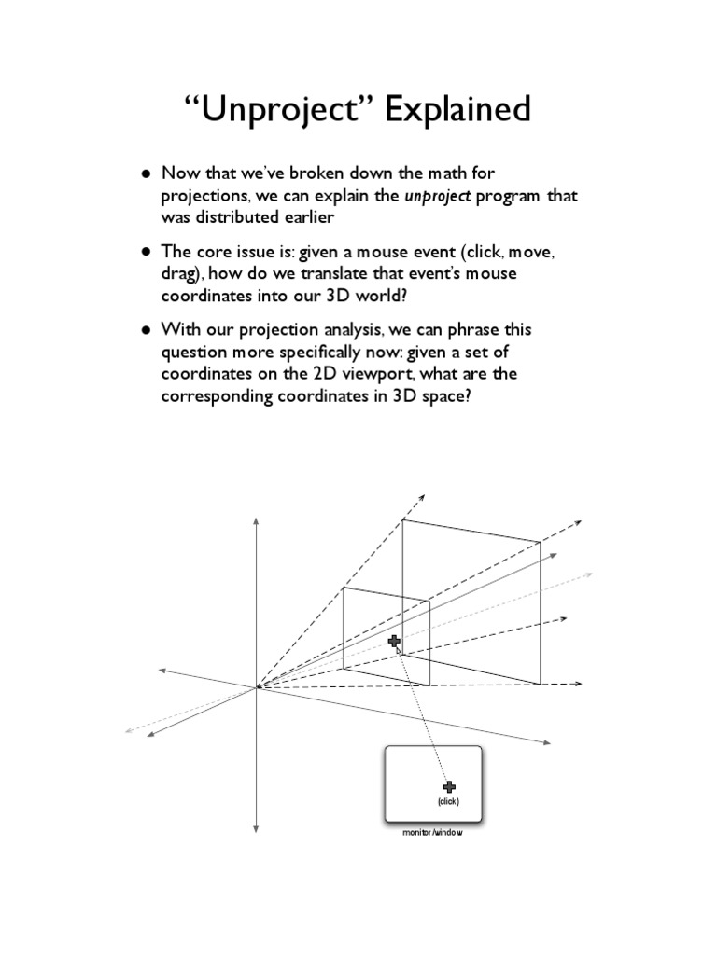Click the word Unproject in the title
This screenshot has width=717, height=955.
[277, 110]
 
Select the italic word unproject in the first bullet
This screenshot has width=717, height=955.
[437, 197]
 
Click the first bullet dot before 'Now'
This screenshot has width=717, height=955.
[147, 174]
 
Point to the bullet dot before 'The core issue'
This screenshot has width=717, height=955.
[147, 253]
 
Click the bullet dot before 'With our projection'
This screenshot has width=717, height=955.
[147, 331]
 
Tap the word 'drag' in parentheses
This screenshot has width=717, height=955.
[180, 274]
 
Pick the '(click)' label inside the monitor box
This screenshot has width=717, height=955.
[448, 802]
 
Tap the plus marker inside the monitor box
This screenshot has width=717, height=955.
[449, 787]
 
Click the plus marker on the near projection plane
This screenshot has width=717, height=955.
[394, 641]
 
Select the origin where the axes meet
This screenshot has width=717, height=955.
[257, 687]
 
